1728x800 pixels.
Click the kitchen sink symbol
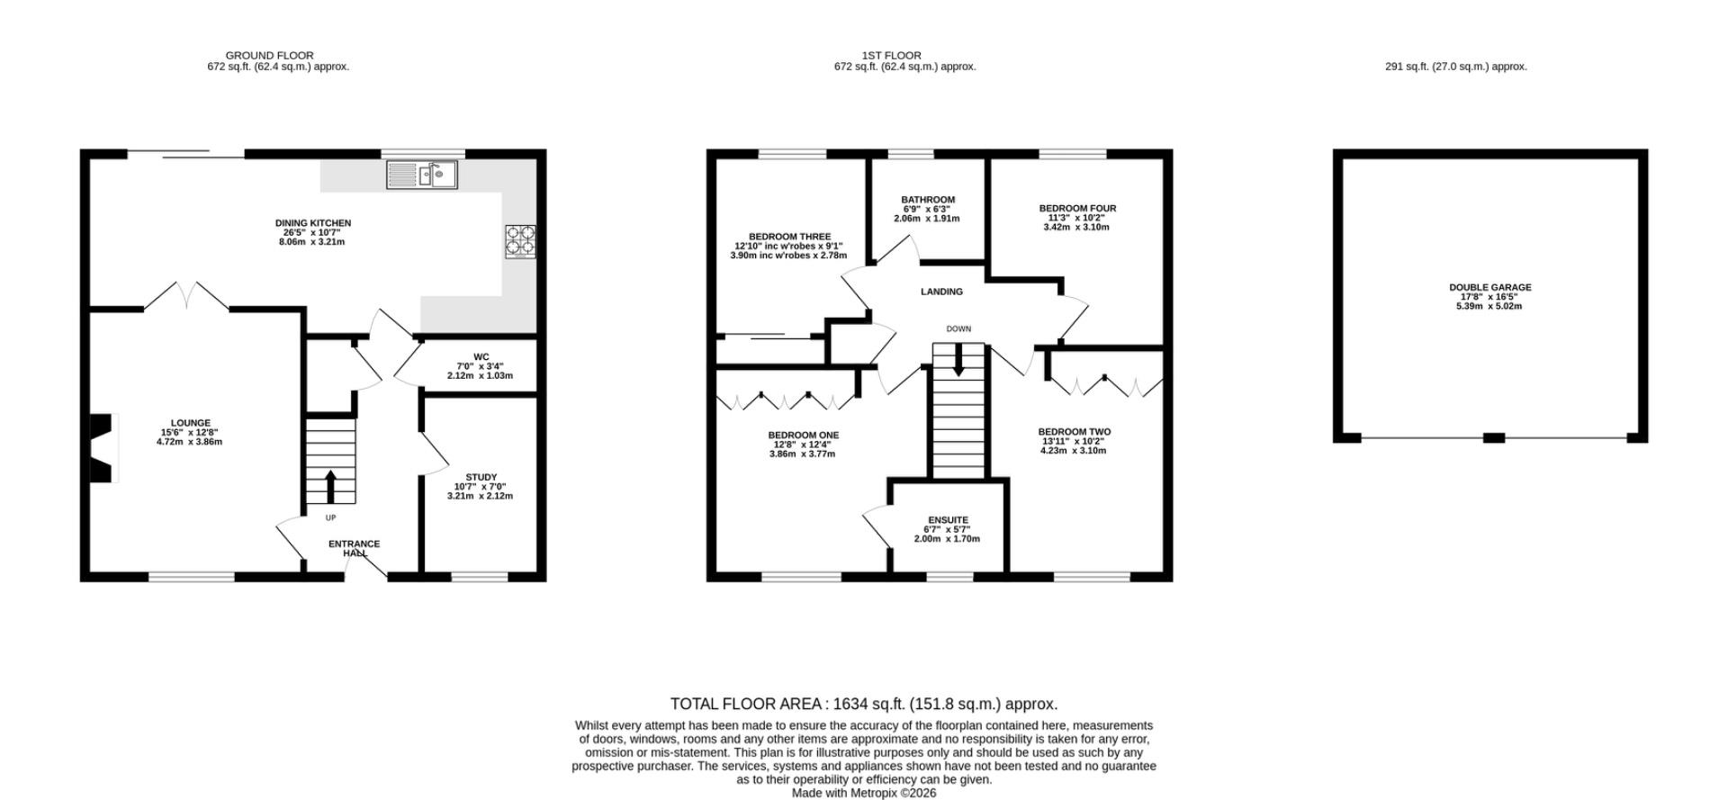point(422,175)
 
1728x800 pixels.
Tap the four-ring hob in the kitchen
point(520,241)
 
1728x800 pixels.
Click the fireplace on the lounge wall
point(103,448)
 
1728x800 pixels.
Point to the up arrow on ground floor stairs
point(329,486)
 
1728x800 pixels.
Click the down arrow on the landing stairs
point(958,361)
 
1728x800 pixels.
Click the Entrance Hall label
point(355,548)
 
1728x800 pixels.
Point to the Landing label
point(941,292)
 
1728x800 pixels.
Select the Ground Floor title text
point(269,56)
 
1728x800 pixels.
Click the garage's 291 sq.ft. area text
point(1455,67)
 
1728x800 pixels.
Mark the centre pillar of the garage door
point(1493,438)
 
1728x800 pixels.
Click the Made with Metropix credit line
point(864,794)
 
